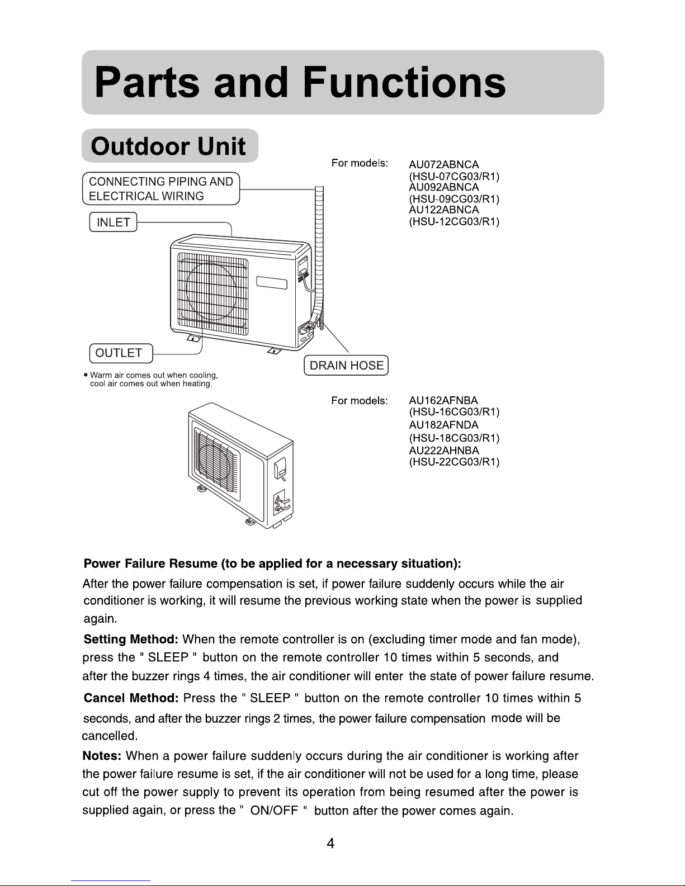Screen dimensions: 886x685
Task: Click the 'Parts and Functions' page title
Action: [x=300, y=83]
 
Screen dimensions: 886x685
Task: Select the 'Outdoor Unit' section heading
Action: [x=168, y=146]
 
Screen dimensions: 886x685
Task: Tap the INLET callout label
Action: [x=114, y=222]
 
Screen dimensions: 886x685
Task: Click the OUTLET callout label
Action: [x=119, y=353]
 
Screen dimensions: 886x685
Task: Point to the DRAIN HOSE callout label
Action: [x=347, y=366]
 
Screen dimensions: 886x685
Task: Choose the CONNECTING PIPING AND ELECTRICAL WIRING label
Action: [x=161, y=189]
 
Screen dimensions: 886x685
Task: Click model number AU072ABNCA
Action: [x=444, y=165]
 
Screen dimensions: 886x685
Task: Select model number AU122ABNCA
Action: [x=444, y=210]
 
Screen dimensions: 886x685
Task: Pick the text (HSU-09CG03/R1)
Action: [x=454, y=199]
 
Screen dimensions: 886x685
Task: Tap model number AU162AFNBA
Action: [x=443, y=400]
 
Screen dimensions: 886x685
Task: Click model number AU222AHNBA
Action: [x=444, y=450]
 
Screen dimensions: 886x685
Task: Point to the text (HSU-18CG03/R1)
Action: [x=454, y=438]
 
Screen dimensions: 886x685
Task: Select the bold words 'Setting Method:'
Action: [x=131, y=639]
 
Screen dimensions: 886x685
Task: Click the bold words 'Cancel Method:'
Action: [x=131, y=698]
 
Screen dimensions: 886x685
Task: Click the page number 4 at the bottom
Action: [x=330, y=844]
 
